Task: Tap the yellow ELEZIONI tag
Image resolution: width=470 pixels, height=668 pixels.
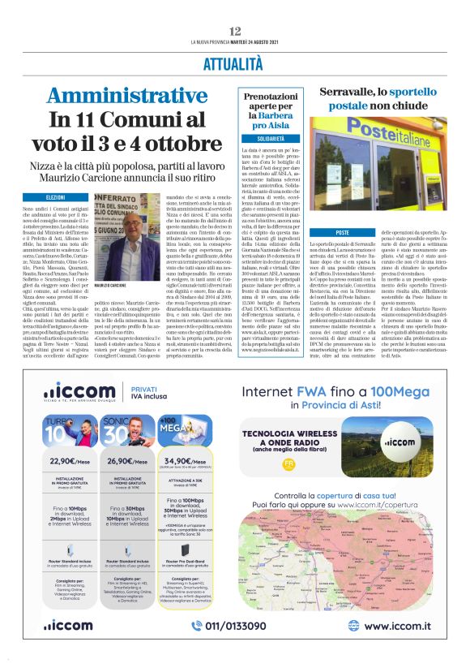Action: [56, 197]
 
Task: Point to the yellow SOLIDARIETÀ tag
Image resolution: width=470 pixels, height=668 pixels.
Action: [265, 139]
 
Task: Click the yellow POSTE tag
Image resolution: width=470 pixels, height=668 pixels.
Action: [319, 233]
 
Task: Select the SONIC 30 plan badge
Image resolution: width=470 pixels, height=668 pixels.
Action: [118, 426]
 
